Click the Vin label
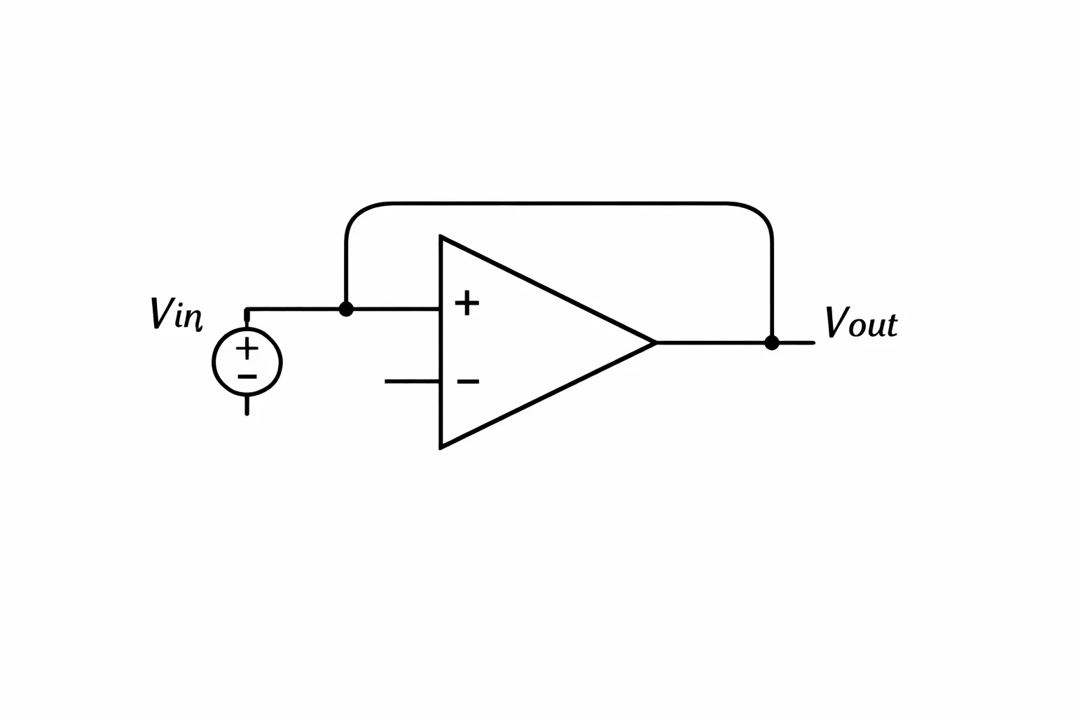tap(176, 314)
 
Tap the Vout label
tap(861, 322)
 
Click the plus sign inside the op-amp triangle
tap(467, 303)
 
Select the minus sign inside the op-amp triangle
tap(468, 382)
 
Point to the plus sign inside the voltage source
tap(247, 348)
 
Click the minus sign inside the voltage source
tap(247, 377)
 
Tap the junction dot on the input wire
tap(346, 309)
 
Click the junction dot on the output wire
tap(771, 343)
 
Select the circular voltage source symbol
tap(247, 361)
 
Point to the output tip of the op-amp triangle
tap(656, 342)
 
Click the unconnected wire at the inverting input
tap(412, 382)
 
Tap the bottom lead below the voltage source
tap(247, 405)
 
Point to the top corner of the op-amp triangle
tap(441, 236)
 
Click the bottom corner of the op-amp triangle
tap(441, 449)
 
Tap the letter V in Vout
tap(836, 322)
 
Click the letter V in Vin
tap(161, 313)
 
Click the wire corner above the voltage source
tap(247, 309)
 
